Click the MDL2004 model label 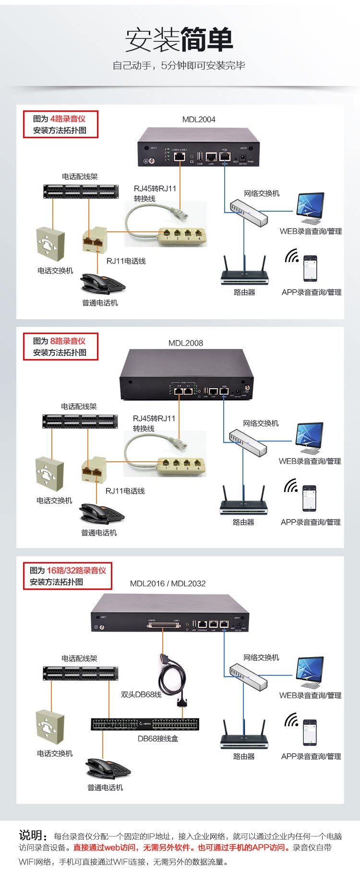point(199,120)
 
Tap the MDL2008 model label point(185,343)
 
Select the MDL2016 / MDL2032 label point(168,584)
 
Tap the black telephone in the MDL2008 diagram point(102,514)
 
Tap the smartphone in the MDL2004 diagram point(310,268)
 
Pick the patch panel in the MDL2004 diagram point(81,192)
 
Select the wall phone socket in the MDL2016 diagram point(50,727)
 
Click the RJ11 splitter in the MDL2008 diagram point(94,470)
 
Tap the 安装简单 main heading point(179,40)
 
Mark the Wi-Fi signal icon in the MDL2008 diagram point(290,486)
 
